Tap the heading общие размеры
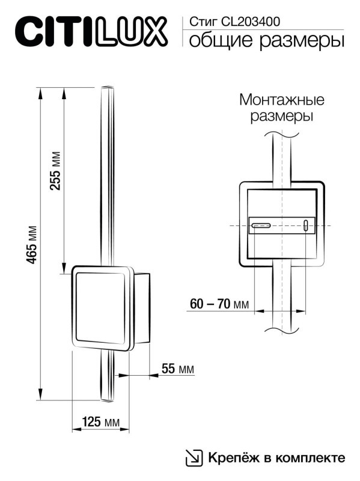click(x=266, y=41)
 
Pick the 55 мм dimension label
click(x=178, y=369)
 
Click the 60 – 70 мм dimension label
click(x=219, y=304)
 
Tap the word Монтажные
click(x=281, y=99)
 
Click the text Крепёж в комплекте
click(x=276, y=458)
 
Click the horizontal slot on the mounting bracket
click(x=261, y=226)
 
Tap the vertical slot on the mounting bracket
click(x=305, y=226)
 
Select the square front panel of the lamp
click(x=101, y=308)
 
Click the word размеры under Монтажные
click(x=281, y=115)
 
